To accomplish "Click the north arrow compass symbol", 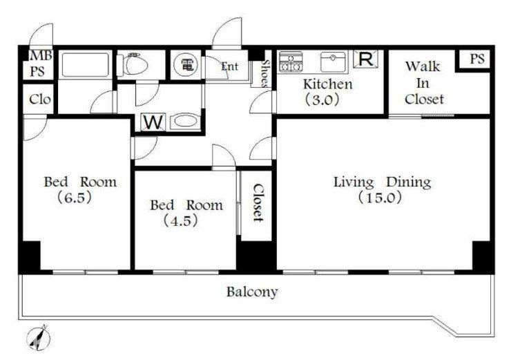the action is tap(38, 338).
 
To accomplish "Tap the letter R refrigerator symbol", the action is tap(365, 59).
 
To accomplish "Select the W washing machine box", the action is tap(153, 122).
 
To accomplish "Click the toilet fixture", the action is tap(133, 64).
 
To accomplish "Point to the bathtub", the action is tap(85, 65).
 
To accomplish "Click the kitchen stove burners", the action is tap(291, 61).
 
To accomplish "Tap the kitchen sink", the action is tap(333, 61).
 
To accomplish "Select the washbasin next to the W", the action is tap(184, 122).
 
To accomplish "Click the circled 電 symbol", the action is tap(186, 64).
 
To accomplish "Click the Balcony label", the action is tap(252, 292).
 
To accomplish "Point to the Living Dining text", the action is tap(383, 182).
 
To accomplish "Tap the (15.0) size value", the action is tap(380, 198).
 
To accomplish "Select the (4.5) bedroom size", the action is tap(180, 221).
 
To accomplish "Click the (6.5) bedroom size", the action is tap(75, 198).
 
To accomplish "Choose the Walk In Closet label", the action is tap(423, 83).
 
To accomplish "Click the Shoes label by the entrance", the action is tap(265, 74).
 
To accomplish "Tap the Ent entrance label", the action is tap(230, 66).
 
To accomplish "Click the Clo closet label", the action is tap(40, 100).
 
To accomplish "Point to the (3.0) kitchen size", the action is tap(322, 99).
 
